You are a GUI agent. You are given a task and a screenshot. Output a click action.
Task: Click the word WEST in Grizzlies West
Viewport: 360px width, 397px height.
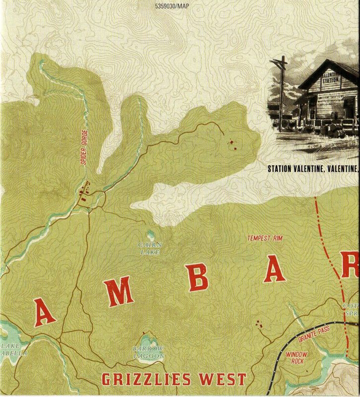[x=223, y=380]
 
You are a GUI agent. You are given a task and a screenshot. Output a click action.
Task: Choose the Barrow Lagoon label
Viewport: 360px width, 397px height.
[x=148, y=352]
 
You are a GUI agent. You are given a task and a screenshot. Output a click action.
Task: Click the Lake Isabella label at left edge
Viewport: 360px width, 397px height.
[x=11, y=349]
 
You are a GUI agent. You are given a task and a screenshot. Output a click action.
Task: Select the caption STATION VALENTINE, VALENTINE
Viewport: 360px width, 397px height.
[x=312, y=168]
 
